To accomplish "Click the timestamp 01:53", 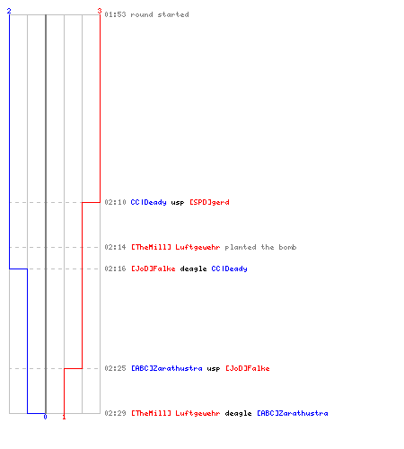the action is (115, 14).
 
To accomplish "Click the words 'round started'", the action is (160, 14).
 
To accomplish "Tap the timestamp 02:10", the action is (115, 202).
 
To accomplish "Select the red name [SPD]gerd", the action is (209, 202).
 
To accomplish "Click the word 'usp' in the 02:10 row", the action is (178, 203).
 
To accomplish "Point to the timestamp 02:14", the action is (115, 247).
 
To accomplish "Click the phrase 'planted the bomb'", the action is (260, 247).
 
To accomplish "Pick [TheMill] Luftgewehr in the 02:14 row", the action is (176, 247).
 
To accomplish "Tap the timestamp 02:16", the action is (115, 269).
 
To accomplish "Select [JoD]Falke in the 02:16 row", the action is (154, 269).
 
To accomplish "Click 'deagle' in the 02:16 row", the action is (193, 269).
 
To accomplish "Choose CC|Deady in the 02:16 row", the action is (229, 269).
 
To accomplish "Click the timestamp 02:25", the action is (115, 368).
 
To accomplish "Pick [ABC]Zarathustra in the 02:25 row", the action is (167, 368).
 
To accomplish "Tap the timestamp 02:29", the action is (115, 413).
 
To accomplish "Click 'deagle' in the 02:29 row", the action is (238, 414).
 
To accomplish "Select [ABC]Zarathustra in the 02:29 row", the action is (293, 413).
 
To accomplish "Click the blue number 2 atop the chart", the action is (9, 11).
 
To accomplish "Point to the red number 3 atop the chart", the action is (100, 11).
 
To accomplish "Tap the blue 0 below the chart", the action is (45, 417).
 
